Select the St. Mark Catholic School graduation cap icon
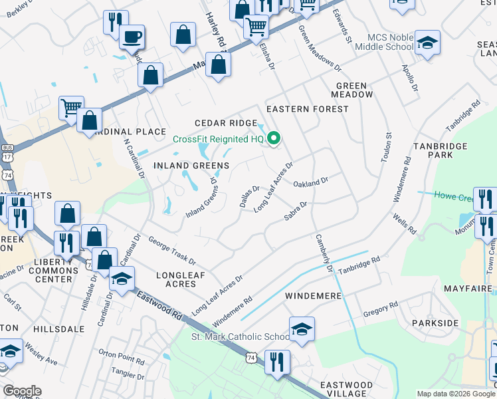(302, 329)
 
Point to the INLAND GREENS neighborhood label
(191, 165)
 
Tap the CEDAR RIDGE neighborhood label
(225, 123)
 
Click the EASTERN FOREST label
(307, 108)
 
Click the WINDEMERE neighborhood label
(313, 295)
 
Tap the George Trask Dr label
(172, 250)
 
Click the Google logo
(22, 391)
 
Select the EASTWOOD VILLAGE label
(347, 390)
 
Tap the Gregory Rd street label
(380, 309)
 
